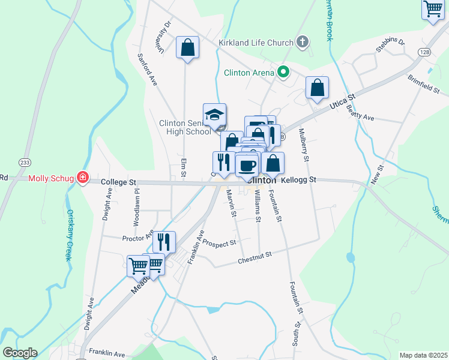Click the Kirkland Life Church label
click(x=256, y=43)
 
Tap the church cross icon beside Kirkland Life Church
click(x=303, y=42)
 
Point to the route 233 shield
click(x=24, y=162)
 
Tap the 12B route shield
click(x=425, y=52)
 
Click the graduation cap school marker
click(x=214, y=114)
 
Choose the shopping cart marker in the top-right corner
click(x=432, y=10)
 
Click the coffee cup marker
click(x=246, y=165)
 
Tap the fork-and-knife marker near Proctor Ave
click(x=164, y=242)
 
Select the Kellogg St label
click(x=298, y=179)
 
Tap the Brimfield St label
click(x=424, y=83)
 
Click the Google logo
click(x=20, y=353)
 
